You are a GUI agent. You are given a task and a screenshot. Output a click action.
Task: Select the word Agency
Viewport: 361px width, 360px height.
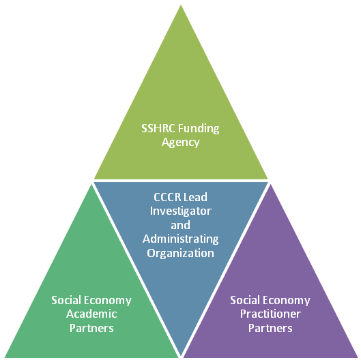click(180, 142)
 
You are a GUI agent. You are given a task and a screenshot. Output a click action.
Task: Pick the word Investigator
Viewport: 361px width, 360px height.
click(180, 211)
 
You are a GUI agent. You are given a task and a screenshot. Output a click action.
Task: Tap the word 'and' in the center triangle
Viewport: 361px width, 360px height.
click(180, 225)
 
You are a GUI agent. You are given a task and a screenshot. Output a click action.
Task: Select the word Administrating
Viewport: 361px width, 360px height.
click(180, 239)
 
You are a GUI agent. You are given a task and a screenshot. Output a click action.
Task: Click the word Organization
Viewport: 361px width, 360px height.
click(180, 253)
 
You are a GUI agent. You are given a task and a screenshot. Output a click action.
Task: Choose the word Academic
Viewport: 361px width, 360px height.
click(91, 314)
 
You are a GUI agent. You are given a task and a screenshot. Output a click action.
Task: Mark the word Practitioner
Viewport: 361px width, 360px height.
click(270, 314)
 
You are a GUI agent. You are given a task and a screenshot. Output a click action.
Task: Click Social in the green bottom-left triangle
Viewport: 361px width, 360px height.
click(66, 300)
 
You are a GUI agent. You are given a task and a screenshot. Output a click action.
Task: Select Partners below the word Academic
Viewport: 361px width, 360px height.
click(91, 328)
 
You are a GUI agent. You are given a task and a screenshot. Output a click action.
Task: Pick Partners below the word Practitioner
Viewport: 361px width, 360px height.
click(270, 328)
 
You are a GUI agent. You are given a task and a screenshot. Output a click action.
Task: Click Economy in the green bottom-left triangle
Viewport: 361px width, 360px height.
click(108, 301)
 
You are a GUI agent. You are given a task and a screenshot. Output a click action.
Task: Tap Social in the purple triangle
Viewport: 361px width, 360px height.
click(244, 300)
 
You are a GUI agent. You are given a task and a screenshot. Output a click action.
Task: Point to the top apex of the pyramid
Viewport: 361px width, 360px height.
click(181, 5)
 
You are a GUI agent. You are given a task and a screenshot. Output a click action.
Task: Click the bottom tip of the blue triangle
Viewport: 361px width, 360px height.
click(181, 356)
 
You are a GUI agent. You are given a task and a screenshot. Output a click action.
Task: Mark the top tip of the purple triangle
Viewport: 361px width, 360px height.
click(270, 184)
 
